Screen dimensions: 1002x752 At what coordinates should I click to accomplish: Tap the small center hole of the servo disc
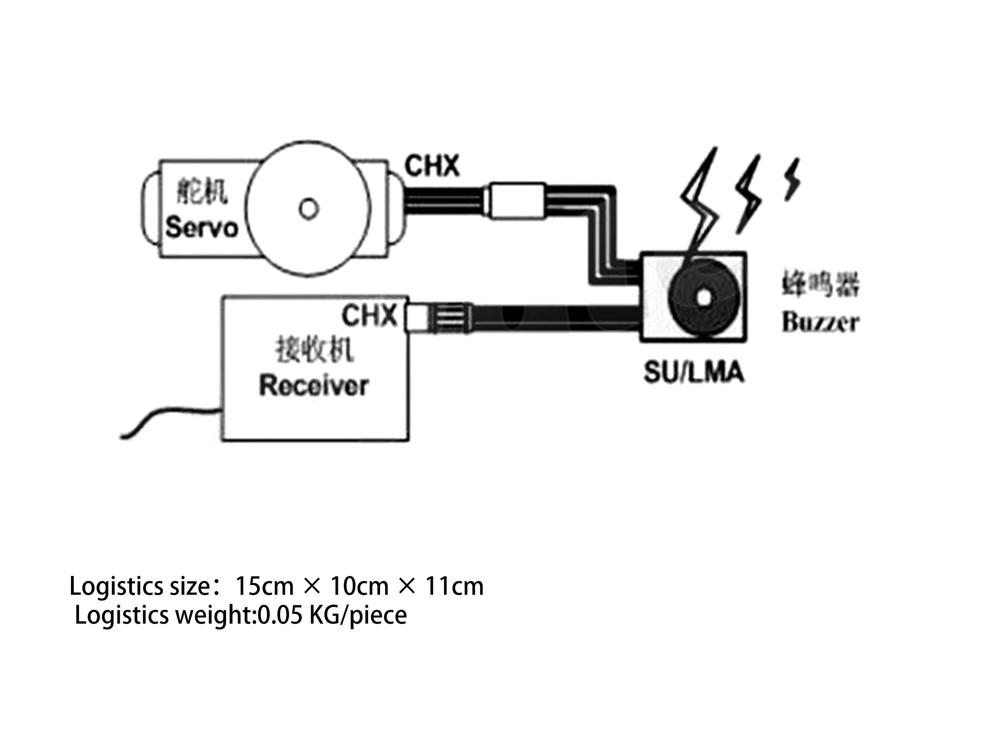309,209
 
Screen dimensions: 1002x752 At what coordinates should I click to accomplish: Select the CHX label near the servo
432,166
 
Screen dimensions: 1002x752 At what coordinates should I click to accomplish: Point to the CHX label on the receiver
369,315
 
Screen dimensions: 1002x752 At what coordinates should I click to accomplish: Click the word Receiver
314,386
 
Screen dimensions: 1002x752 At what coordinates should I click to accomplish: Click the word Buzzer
820,322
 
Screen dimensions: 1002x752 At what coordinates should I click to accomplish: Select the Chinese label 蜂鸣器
820,284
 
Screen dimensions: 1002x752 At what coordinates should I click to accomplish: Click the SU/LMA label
694,372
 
